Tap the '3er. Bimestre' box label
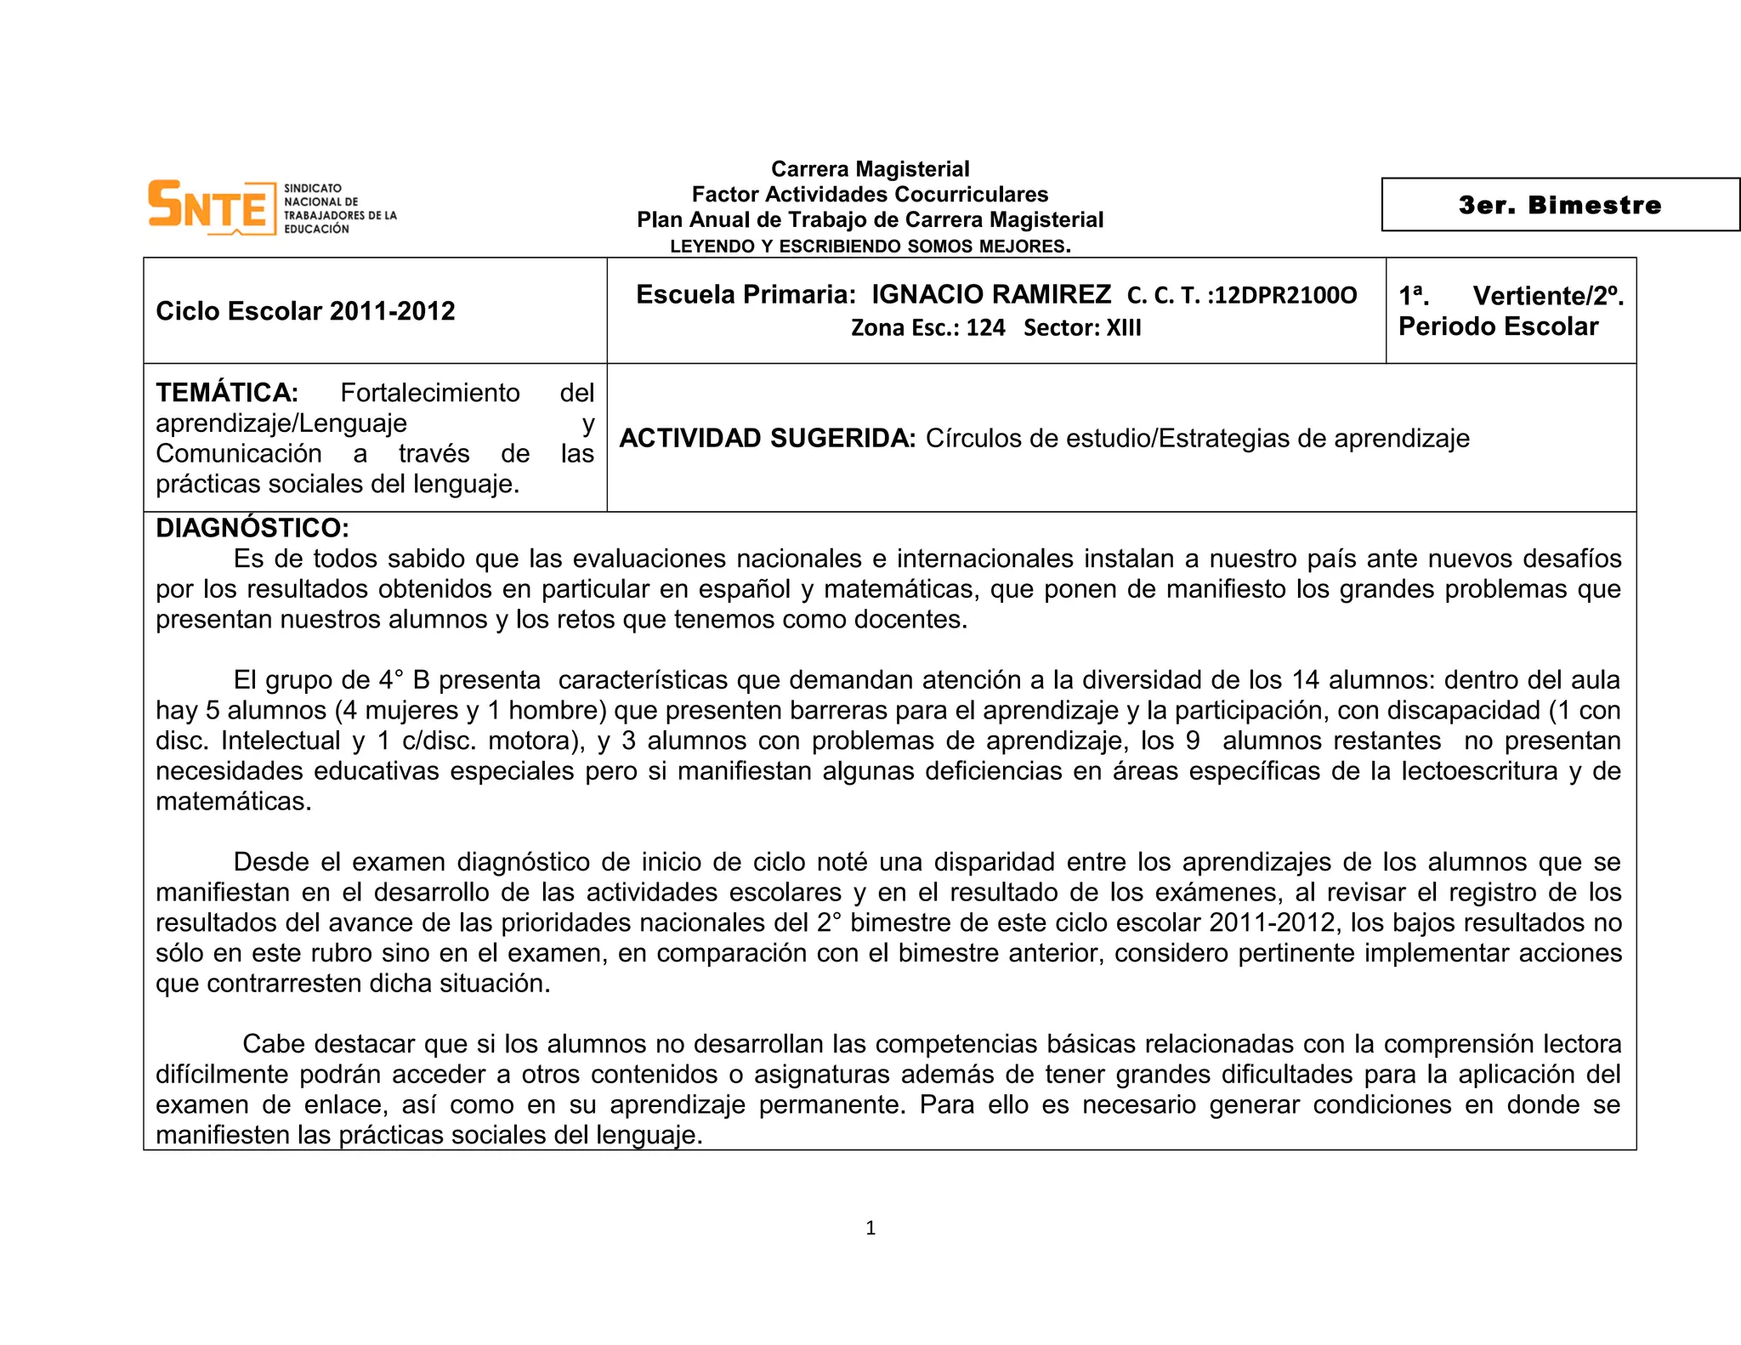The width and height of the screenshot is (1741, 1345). (x=1559, y=205)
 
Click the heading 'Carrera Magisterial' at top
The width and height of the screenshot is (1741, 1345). (x=870, y=169)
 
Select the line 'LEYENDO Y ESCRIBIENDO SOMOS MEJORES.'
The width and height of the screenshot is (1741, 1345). (x=870, y=247)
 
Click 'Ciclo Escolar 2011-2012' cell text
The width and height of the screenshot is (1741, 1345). (x=305, y=311)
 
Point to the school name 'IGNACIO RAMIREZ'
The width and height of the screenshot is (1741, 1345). (x=991, y=294)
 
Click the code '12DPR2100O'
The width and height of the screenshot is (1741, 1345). (x=1285, y=296)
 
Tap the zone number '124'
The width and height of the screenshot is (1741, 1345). (x=985, y=328)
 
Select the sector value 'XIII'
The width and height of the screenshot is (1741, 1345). (x=1123, y=328)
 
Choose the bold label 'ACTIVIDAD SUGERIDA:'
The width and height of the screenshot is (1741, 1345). (x=767, y=439)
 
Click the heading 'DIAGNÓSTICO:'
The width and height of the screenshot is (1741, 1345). (x=252, y=528)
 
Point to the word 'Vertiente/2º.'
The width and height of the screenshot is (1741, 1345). (x=1548, y=296)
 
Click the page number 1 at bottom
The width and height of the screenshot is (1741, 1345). (x=870, y=1228)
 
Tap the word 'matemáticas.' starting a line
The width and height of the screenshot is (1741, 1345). (x=234, y=802)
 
